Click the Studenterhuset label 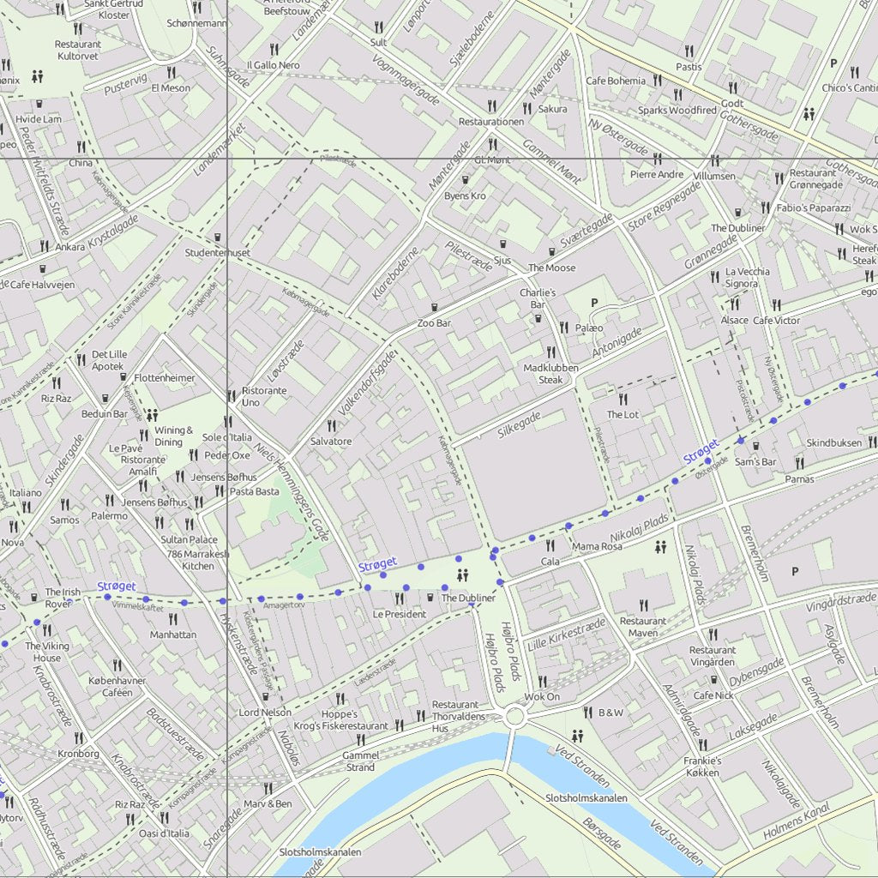[218, 253]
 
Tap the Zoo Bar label [434, 323]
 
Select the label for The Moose [552, 268]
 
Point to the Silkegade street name [519, 424]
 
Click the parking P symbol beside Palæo [593, 303]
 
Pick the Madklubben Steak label [550, 374]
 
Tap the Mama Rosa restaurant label [597, 546]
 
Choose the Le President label [400, 614]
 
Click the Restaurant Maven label [642, 627]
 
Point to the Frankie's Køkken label [702, 767]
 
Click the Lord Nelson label [265, 713]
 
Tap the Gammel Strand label [358, 761]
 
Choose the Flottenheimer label [165, 377]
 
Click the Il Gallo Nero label [273, 65]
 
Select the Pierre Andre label [657, 174]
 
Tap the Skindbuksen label [833, 442]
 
